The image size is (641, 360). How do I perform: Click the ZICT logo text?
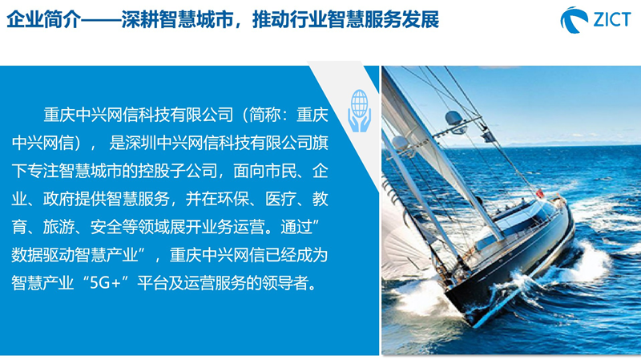pyautogui.click(x=612, y=19)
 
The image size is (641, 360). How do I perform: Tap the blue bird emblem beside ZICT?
pyautogui.click(x=574, y=19)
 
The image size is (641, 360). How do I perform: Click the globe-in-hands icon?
pyautogui.click(x=359, y=111)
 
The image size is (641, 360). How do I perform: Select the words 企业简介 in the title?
pyautogui.click(x=43, y=19)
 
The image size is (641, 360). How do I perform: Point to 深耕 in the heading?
pyautogui.click(x=139, y=19)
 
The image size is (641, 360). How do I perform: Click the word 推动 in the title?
pyautogui.click(x=271, y=19)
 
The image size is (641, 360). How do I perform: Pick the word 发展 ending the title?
pyautogui.click(x=421, y=19)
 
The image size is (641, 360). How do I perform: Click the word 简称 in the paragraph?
pyautogui.click(x=265, y=115)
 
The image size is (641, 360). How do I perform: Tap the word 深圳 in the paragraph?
pyautogui.click(x=141, y=143)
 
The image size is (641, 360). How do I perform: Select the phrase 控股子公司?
pyautogui.click(x=178, y=171)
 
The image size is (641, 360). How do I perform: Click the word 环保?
pyautogui.click(x=233, y=199)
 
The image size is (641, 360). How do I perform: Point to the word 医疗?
pyautogui.click(x=281, y=199)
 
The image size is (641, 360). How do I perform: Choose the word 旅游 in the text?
pyautogui.click(x=58, y=227)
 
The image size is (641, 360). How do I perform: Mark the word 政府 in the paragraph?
pyautogui.click(x=58, y=199)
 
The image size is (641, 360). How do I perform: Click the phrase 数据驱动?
pyautogui.click(x=43, y=255)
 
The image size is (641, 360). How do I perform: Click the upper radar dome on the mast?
pyautogui.click(x=454, y=118)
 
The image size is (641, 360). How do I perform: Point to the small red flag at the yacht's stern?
pyautogui.click(x=540, y=193)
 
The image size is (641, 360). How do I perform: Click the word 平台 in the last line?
pyautogui.click(x=152, y=283)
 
